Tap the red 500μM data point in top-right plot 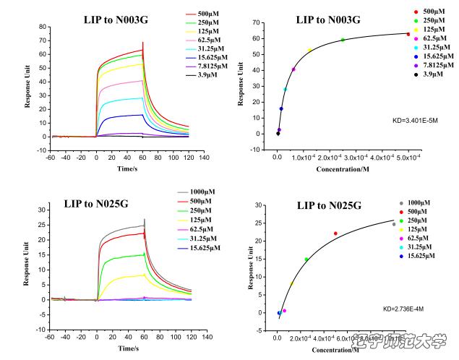pos(408,34)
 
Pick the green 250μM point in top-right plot pos(343,40)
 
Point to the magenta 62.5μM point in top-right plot pos(293,69)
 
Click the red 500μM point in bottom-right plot pos(335,233)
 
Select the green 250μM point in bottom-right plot pos(306,260)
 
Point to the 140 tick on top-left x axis pos(205,156)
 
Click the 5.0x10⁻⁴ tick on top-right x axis pos(408,157)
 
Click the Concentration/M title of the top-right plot pos(344,169)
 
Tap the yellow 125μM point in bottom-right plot pos(292,284)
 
